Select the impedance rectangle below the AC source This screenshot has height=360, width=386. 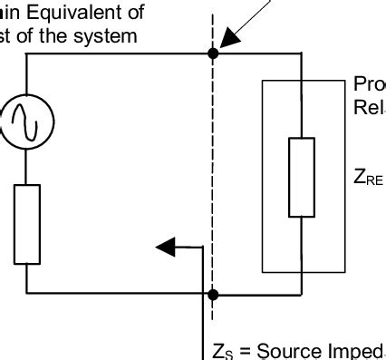pyautogui.click(x=27, y=223)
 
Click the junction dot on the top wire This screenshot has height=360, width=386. pyautogui.click(x=213, y=54)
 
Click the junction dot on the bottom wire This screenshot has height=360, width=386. pyautogui.click(x=213, y=295)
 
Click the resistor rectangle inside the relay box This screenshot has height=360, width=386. pyautogui.click(x=302, y=178)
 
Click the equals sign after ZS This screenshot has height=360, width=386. pyautogui.click(x=242, y=352)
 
